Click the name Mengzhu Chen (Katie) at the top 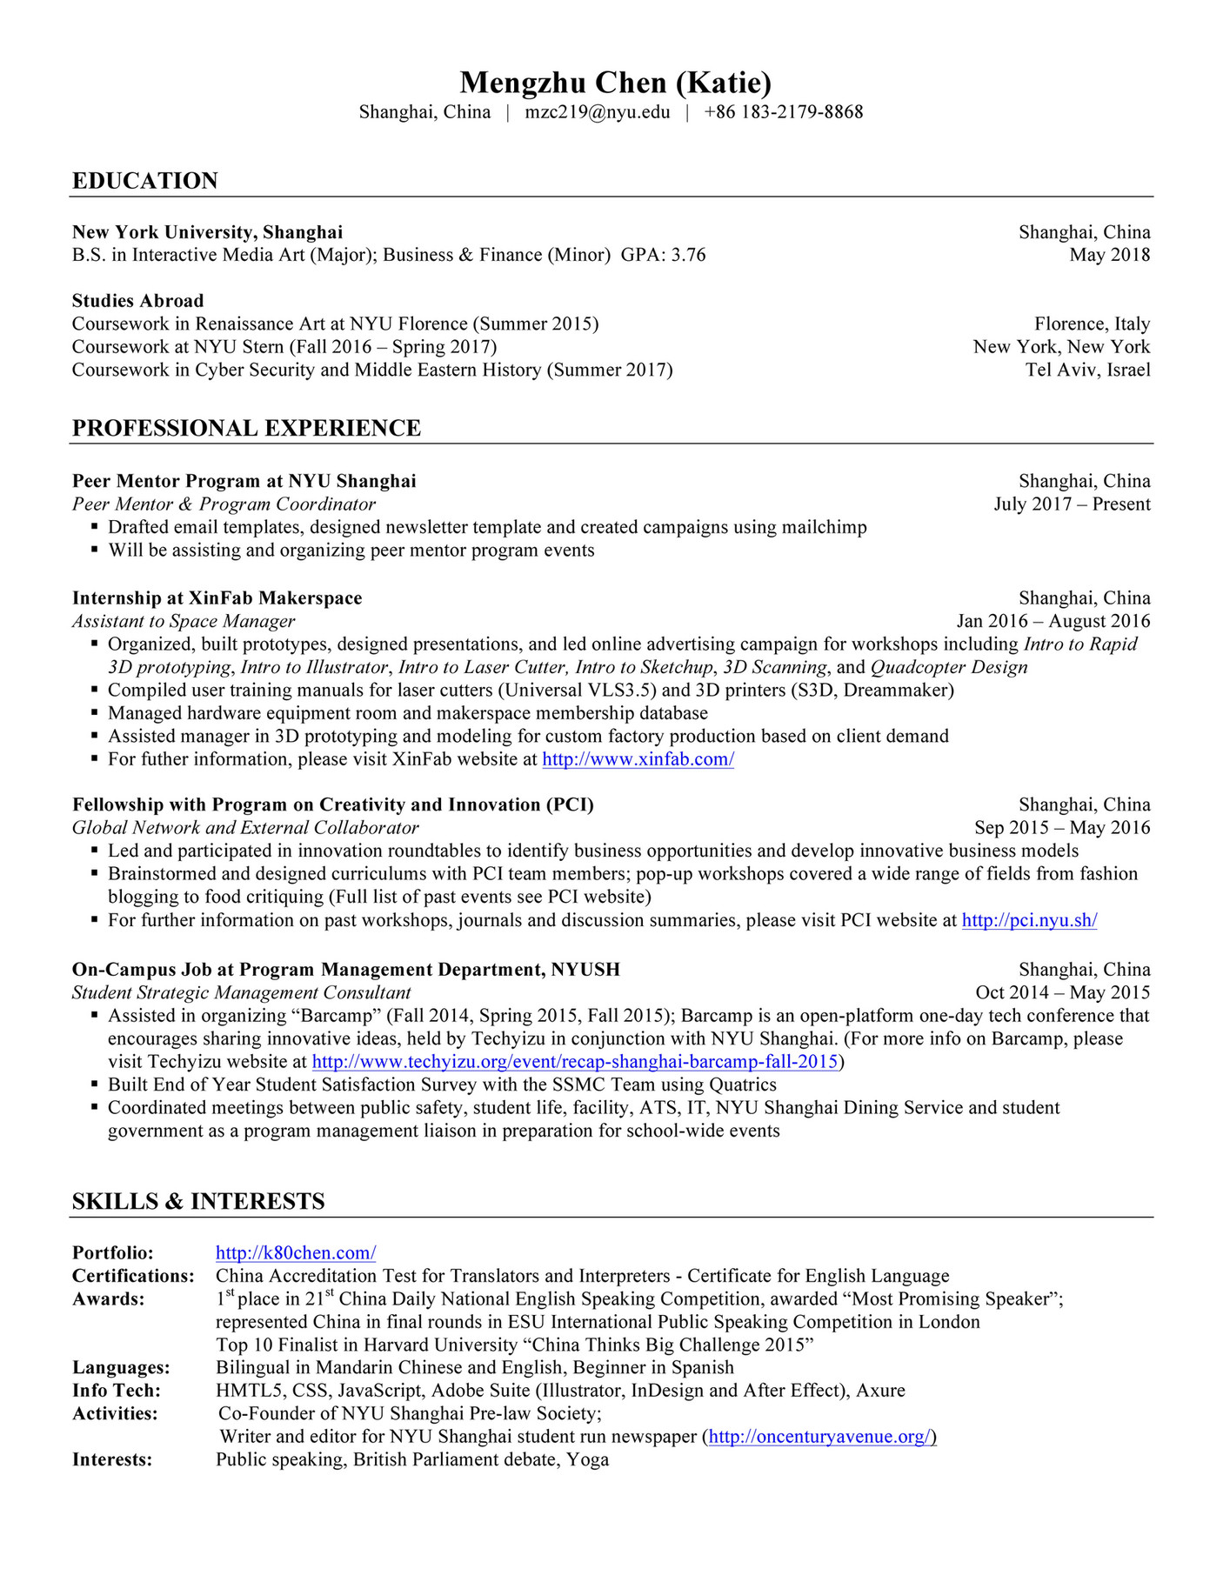point(615,83)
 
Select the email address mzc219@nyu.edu point(598,112)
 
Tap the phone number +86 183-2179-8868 point(783,112)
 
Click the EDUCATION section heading point(145,181)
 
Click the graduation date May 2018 point(1109,255)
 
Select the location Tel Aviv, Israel point(1087,370)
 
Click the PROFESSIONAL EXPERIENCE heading point(246,428)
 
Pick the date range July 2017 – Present point(1072,504)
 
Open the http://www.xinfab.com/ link point(638,759)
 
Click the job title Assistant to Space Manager point(184,621)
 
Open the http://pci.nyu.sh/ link point(1029,920)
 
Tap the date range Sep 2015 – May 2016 point(1062,828)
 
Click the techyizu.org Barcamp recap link point(575,1062)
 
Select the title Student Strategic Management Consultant point(241,992)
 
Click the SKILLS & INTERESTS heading point(198,1201)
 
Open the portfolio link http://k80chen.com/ point(296,1253)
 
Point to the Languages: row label point(121,1368)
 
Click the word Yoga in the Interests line point(588,1459)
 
